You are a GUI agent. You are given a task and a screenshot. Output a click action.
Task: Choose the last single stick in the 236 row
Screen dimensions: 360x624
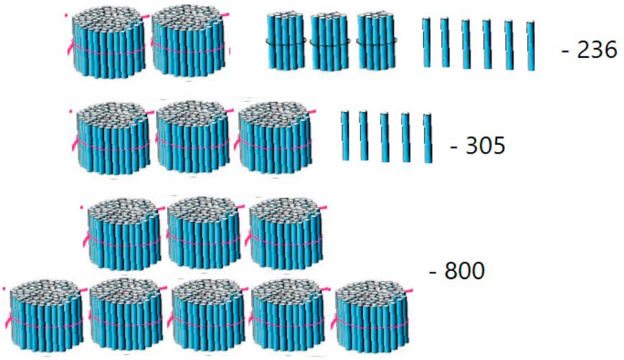tap(531, 46)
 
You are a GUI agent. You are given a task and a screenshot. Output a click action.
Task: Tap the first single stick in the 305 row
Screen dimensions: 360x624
tap(345, 134)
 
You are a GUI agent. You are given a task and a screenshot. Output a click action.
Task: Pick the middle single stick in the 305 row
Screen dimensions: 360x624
tap(385, 136)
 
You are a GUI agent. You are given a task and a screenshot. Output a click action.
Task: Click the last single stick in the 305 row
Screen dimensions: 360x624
tap(427, 138)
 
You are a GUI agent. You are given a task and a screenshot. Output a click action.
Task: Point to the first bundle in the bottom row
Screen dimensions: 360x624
tap(45, 315)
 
